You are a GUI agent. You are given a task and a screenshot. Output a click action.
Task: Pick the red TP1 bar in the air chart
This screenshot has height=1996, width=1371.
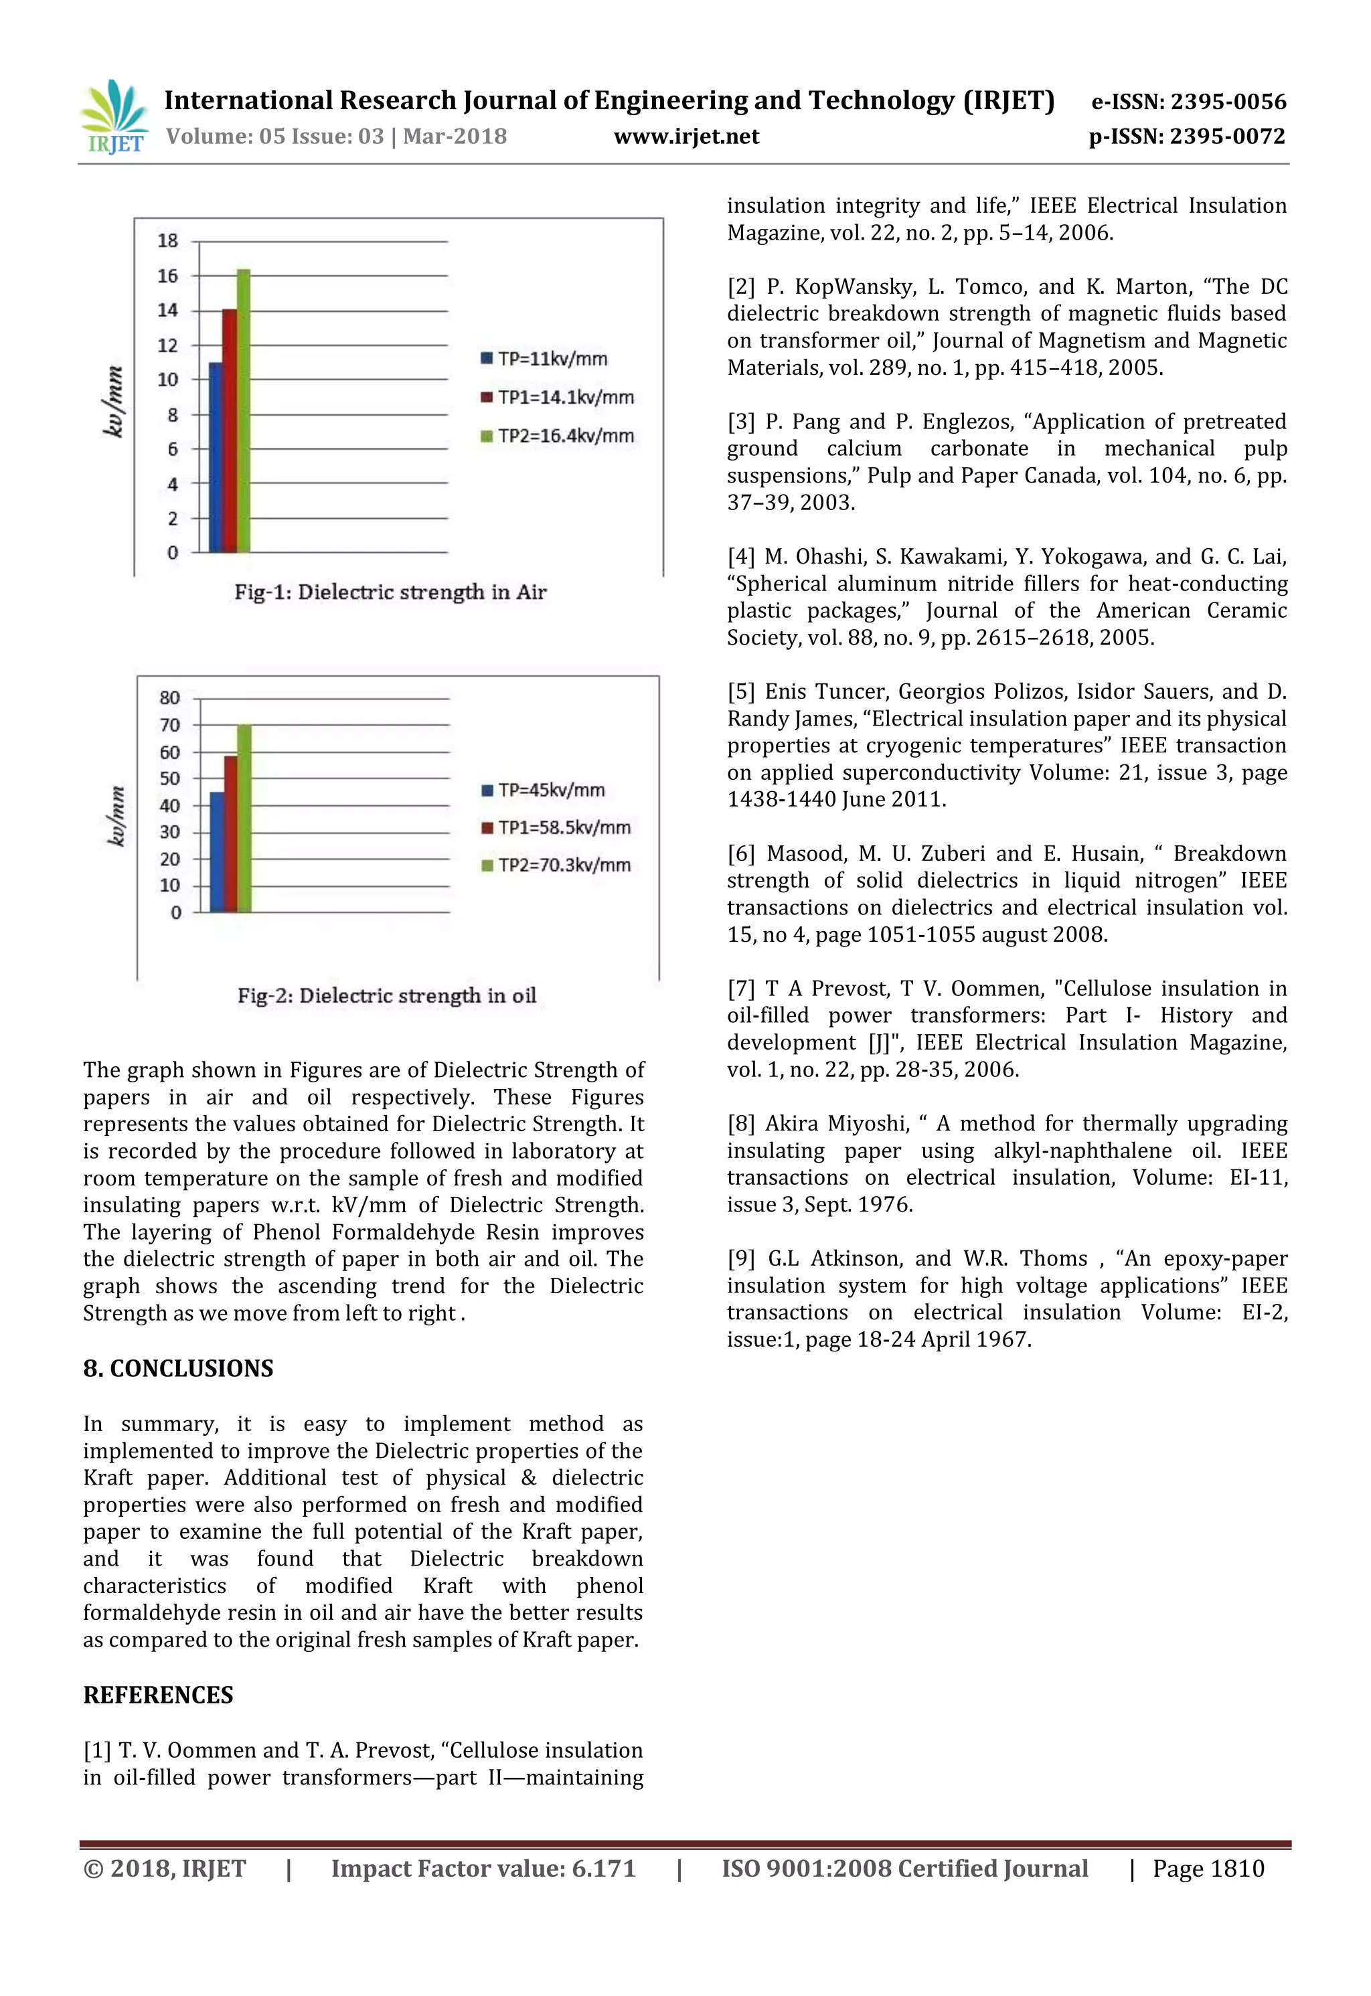click(x=230, y=430)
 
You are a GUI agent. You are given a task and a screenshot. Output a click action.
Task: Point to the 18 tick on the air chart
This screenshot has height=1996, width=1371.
click(x=167, y=240)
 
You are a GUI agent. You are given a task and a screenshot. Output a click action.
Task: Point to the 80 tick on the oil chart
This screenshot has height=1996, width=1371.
click(x=169, y=697)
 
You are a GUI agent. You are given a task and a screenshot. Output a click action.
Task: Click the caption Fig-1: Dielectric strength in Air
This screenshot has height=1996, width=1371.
click(x=390, y=592)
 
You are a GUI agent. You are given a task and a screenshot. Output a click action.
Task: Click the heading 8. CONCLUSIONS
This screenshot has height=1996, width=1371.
click(x=178, y=1368)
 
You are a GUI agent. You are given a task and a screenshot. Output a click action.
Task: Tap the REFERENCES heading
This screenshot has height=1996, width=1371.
click(x=158, y=1695)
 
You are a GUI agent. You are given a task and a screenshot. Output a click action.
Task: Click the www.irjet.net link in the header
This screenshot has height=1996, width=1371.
click(x=686, y=137)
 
